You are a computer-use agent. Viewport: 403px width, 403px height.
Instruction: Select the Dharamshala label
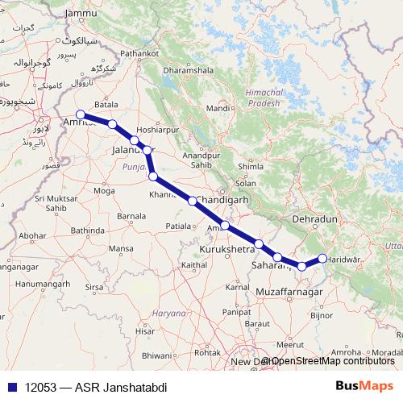point(187,69)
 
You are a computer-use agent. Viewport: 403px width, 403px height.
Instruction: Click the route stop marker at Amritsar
point(81,114)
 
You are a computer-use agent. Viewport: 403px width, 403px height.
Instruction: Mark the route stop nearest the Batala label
point(113,124)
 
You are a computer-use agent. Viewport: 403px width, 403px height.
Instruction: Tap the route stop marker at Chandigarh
point(193,201)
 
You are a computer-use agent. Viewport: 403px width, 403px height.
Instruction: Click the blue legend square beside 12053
point(10,388)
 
